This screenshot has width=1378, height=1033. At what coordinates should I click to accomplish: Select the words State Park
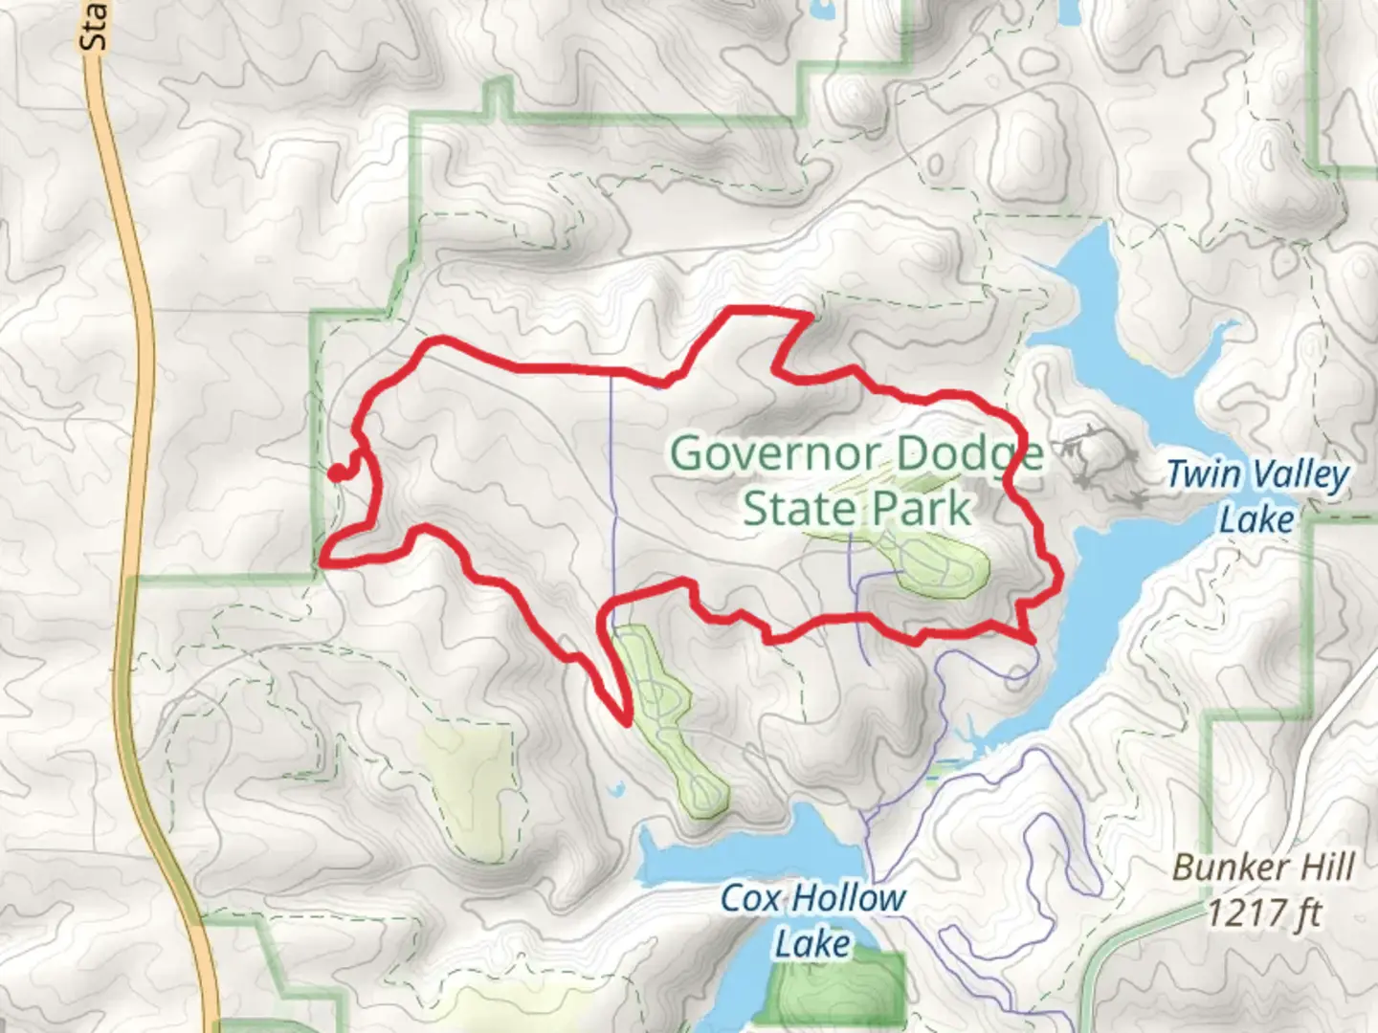coord(856,508)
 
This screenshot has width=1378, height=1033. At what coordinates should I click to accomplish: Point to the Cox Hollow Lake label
coord(812,920)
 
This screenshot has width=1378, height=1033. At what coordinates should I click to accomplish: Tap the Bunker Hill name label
coord(1263,868)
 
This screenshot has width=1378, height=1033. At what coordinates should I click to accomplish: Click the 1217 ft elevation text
coord(1263,913)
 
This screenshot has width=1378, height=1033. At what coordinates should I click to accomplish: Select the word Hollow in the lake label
coord(847,898)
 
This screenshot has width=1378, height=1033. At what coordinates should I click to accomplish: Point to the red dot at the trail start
coord(336,472)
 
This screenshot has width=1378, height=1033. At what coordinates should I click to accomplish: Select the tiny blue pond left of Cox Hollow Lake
coord(617,790)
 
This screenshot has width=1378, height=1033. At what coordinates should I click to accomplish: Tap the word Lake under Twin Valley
coord(1256,520)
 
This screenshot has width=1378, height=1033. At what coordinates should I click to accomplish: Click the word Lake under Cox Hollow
coord(812,944)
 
